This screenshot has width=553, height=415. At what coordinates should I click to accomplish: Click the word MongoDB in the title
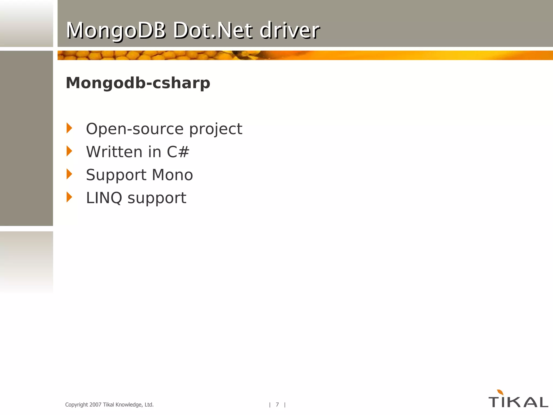116,30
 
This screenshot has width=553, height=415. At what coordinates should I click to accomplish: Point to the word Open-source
134,129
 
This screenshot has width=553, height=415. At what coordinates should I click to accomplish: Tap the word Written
114,152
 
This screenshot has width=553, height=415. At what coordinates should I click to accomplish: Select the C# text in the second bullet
178,152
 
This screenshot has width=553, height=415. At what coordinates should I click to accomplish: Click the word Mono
172,175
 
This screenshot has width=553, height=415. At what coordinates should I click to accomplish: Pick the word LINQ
104,198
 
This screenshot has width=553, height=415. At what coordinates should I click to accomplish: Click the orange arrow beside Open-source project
69,128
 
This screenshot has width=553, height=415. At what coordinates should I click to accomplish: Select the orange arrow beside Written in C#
69,151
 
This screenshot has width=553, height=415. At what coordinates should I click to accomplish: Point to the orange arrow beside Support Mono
69,174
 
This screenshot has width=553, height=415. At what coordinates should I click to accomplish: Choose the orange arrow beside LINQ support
69,197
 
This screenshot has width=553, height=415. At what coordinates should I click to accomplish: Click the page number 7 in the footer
277,404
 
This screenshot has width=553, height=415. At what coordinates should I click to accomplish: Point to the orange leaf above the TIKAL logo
500,392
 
